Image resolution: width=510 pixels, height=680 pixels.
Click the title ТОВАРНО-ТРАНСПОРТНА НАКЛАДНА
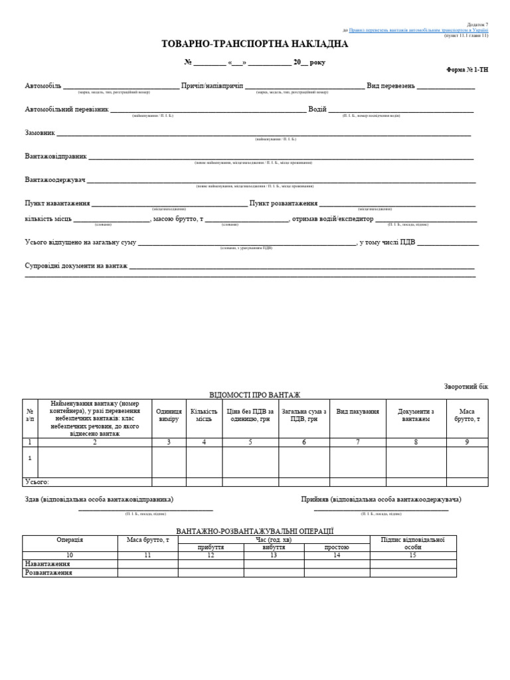click(x=254, y=44)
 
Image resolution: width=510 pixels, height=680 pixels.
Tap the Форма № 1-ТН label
click(x=467, y=70)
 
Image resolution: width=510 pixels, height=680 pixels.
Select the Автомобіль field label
click(x=43, y=86)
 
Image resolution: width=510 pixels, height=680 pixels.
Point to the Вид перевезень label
click(x=390, y=86)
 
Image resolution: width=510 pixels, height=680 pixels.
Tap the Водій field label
click(x=317, y=109)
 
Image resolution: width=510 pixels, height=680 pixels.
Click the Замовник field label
click(x=40, y=132)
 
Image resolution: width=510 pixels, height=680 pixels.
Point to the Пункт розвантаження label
click(x=284, y=203)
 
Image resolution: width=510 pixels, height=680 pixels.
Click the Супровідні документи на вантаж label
click(x=76, y=266)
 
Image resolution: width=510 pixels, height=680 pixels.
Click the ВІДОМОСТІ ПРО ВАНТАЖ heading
click(x=255, y=394)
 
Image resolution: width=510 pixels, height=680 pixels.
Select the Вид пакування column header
click(x=357, y=412)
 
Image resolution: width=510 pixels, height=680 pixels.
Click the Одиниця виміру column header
click(x=169, y=415)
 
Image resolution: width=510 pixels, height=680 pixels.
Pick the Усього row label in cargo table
click(x=37, y=482)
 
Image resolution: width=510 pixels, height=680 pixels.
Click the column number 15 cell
click(x=413, y=555)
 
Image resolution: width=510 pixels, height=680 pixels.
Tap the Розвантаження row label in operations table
click(x=48, y=572)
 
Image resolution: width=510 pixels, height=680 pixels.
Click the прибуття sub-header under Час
click(x=211, y=548)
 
